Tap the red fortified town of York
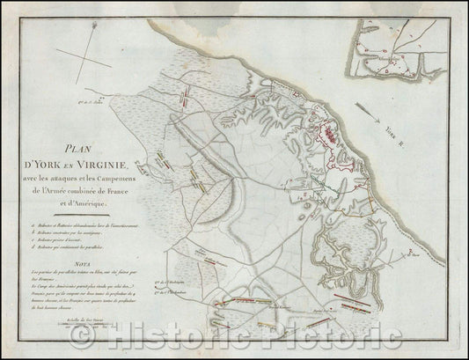[x=333, y=136]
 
